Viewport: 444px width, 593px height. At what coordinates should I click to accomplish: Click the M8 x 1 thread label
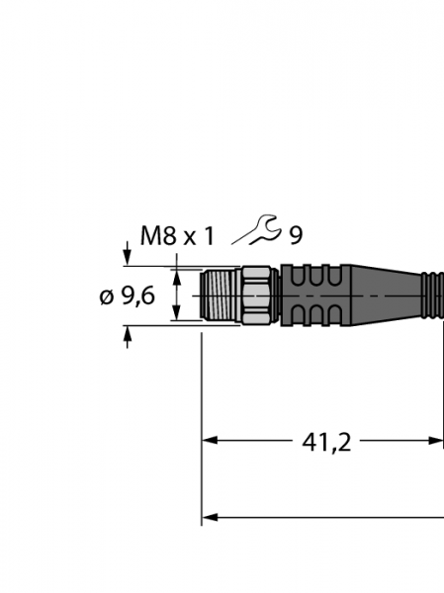[177, 236]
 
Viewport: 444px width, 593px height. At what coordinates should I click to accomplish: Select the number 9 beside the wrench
[296, 236]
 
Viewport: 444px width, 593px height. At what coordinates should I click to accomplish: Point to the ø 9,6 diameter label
[128, 296]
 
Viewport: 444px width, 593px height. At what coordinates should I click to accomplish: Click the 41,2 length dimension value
[326, 443]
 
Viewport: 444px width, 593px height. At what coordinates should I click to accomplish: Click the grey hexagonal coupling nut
[256, 295]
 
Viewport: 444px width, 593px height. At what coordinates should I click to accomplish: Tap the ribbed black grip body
[316, 296]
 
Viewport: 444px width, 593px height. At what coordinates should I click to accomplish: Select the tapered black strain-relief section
[387, 296]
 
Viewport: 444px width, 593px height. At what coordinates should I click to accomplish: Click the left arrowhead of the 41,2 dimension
[210, 441]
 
